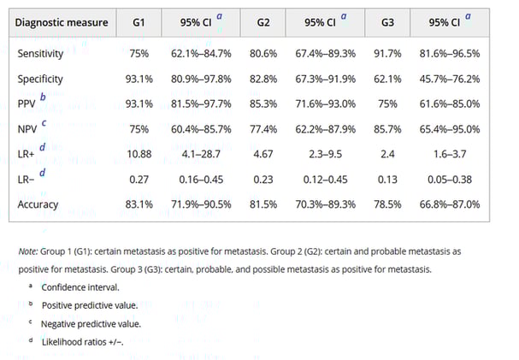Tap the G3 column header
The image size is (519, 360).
394,22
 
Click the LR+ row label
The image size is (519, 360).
29,155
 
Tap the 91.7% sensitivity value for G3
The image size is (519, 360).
393,53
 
